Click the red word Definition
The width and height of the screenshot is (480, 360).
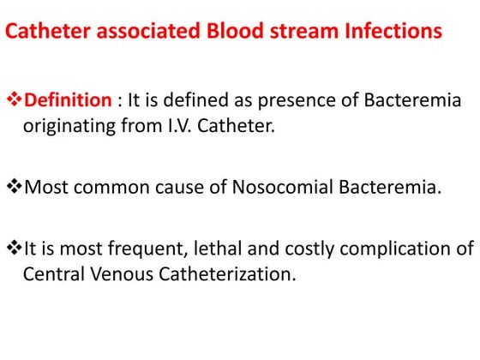pyautogui.click(x=69, y=100)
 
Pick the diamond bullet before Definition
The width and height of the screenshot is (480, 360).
pyautogui.click(x=14, y=100)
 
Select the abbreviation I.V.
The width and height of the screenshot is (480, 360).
pyautogui.click(x=170, y=125)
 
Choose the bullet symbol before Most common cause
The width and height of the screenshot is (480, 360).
pyautogui.click(x=14, y=187)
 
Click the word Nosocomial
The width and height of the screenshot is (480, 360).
pyautogui.click(x=280, y=187)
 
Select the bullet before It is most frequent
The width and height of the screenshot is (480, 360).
pyautogui.click(x=14, y=249)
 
